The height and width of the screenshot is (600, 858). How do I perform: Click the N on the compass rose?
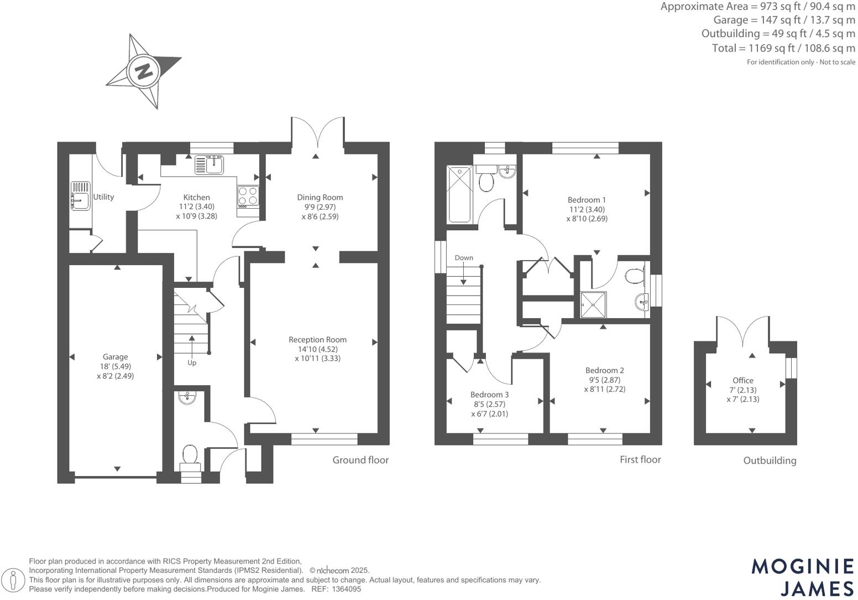pos(144,71)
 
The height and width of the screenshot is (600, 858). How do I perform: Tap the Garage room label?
pos(115,357)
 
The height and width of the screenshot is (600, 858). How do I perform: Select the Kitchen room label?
pos(196,197)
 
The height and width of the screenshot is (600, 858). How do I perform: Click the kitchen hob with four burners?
pos(248,195)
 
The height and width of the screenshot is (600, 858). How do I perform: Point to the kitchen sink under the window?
pos(210,164)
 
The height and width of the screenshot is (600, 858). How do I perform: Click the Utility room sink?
pos(80,196)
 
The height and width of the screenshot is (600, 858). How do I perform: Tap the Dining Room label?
pos(320,197)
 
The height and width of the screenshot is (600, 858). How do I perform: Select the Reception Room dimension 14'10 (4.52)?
pos(317,349)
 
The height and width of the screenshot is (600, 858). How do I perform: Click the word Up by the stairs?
pos(192,363)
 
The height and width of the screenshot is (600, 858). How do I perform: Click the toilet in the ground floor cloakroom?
pos(190,455)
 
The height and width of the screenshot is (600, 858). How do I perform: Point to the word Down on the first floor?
pos(464,258)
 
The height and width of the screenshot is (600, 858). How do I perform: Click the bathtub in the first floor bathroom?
pos(459,194)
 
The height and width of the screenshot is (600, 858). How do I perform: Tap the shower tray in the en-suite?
pos(593,305)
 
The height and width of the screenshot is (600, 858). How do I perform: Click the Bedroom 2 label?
pos(604,370)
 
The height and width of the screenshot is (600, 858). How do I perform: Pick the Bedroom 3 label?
pos(489,395)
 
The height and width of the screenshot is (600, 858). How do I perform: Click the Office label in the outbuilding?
pos(742,380)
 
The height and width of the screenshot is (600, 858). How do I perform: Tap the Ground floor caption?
pos(360,460)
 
